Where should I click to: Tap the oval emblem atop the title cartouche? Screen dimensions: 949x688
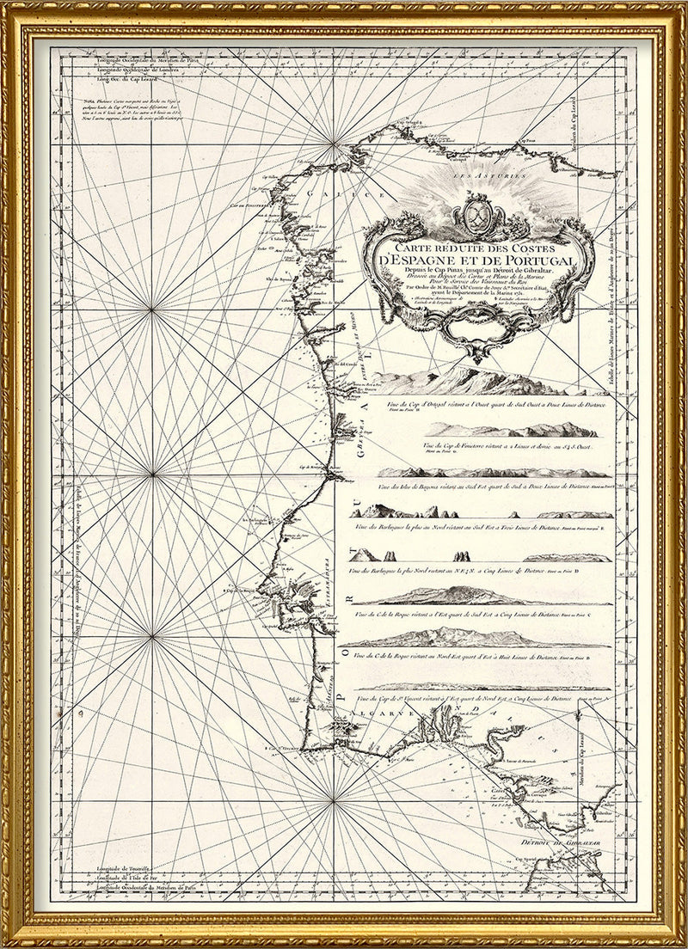pyautogui.click(x=478, y=210)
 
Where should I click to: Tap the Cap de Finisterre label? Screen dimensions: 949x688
pyautogui.click(x=242, y=205)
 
